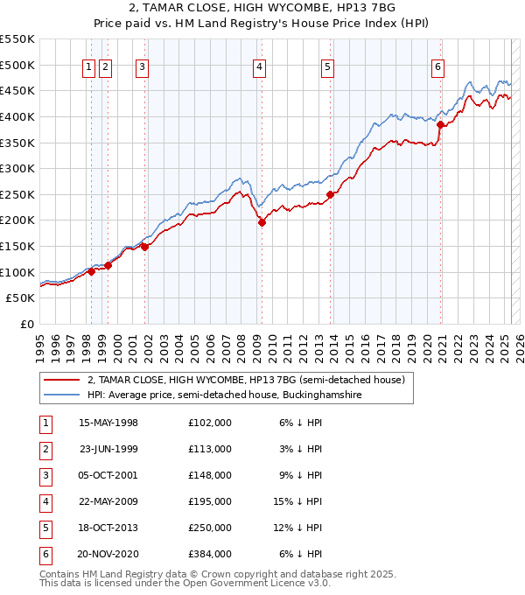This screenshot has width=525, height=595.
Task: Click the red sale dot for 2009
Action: point(262,222)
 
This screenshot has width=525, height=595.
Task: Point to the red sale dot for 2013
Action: point(330,194)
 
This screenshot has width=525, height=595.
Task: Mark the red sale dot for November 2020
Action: point(441,124)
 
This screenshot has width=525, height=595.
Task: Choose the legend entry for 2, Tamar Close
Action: point(245,381)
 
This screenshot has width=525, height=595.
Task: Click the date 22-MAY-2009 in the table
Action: point(108,501)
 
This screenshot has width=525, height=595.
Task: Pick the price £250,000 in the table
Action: point(210,528)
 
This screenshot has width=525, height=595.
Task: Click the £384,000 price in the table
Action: point(210,554)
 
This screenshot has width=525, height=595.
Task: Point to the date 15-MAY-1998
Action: point(108,423)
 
